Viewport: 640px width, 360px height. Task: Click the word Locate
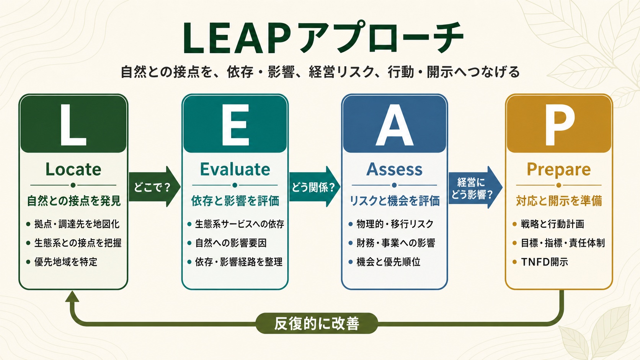pos(73,169)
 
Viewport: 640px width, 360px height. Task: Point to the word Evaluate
pos(235,169)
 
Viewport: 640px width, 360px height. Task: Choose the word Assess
pos(394,169)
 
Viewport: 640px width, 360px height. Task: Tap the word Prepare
pos(558,170)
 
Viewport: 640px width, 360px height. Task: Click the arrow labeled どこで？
pos(155,187)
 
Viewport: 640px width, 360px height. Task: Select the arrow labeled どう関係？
pos(315,187)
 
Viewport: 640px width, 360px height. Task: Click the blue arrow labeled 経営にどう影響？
pos(475,187)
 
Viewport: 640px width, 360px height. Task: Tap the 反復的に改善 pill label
pos(317,323)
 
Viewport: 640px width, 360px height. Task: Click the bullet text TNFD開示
pos(544,262)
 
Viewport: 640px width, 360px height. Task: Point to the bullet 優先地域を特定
pos(66,262)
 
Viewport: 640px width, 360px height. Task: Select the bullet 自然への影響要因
pos(231,243)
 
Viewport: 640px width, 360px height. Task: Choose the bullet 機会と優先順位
pos(388,262)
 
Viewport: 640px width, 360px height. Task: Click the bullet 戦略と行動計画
pos(552,224)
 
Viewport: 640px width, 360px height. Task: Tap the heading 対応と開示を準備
pos(559,201)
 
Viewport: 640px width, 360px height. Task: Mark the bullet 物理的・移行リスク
pos(395,224)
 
